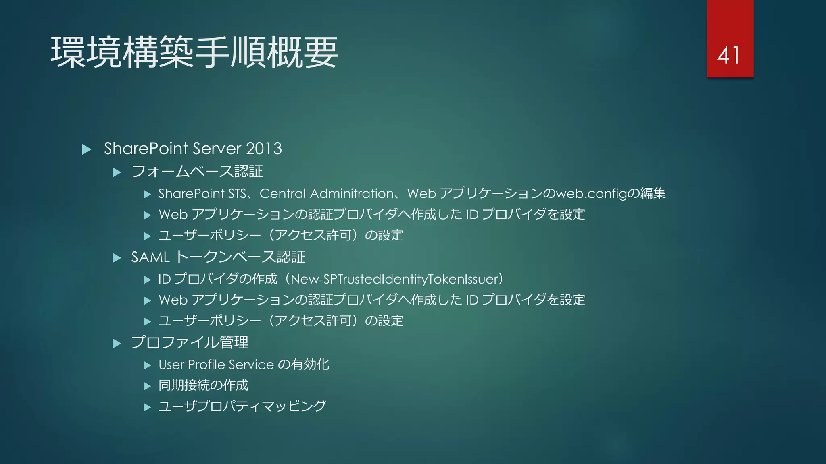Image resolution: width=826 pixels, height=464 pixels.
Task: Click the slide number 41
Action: pos(728,55)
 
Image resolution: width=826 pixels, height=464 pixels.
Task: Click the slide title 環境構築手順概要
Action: pos(194,52)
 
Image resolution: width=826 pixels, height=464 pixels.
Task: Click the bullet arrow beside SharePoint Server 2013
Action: pos(86,149)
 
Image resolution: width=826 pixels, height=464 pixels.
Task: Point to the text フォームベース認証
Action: pos(197,172)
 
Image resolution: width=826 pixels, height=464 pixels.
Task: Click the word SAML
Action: pos(150,257)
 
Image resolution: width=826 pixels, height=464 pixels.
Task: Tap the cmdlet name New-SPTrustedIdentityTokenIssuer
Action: pos(394,279)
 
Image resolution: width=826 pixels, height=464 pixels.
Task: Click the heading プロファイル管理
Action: pos(190,343)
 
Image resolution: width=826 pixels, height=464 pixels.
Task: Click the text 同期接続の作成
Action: pos(203,385)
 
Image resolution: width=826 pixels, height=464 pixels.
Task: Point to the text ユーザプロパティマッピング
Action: pos(242,406)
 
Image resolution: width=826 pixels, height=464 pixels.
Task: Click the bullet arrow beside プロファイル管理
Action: pos(117,344)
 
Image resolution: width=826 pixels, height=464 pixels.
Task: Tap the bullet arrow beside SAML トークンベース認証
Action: pos(117,258)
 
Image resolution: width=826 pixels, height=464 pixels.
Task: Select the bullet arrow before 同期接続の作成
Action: pos(147,386)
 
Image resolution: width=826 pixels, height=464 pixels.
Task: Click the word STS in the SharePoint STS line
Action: pos(237,194)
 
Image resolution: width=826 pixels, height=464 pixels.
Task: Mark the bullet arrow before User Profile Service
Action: pos(147,365)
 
